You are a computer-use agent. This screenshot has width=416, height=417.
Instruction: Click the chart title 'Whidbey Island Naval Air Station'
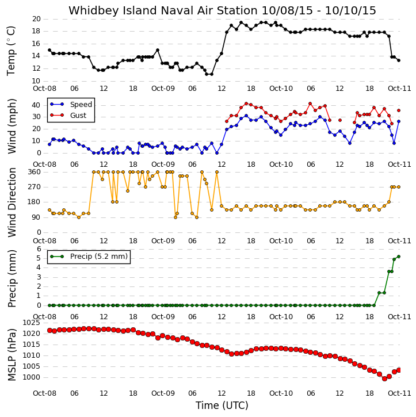[163, 10]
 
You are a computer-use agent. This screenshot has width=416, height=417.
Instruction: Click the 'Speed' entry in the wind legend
[81, 105]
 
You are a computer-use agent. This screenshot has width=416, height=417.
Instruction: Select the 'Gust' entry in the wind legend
[78, 116]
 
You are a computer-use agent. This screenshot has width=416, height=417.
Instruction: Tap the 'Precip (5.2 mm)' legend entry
[99, 257]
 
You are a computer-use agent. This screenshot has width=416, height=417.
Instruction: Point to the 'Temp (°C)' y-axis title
[11, 51]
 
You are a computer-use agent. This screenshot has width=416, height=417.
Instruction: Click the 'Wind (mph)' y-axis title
[12, 127]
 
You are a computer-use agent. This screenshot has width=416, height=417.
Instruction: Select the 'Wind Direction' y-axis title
[12, 202]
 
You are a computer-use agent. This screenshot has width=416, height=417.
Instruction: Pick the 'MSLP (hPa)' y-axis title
[12, 355]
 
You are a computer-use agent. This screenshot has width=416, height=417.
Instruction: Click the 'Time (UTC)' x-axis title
[222, 405]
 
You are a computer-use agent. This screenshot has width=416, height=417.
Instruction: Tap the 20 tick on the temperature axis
[36, 19]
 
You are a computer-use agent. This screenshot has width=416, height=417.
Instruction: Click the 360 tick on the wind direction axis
[35, 172]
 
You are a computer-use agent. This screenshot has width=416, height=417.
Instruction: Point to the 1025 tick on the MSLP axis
[32, 323]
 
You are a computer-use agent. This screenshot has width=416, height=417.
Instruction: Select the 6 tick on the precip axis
[39, 249]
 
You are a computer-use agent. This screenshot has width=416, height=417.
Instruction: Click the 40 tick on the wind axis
[36, 105]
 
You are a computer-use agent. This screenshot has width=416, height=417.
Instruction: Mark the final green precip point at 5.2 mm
[398, 257]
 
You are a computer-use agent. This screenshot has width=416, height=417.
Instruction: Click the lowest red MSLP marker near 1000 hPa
[384, 378]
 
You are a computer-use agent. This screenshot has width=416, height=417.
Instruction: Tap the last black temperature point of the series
[398, 60]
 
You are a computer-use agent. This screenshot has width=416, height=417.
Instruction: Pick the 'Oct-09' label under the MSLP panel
[163, 393]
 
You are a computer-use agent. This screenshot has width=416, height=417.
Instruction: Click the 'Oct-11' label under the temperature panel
[399, 89]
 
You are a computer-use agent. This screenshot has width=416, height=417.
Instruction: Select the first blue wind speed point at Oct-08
[49, 144]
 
